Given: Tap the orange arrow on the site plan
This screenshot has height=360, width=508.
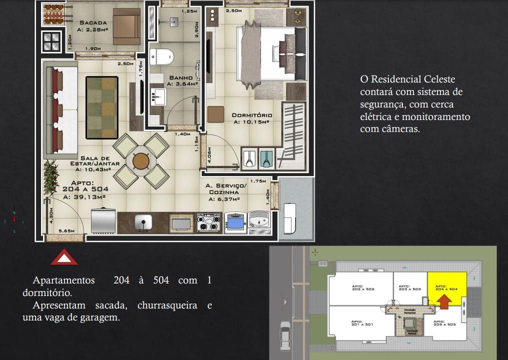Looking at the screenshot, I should (x=444, y=300).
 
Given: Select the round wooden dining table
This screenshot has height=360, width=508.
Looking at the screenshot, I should (x=141, y=161).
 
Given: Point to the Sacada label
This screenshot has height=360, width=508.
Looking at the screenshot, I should (x=93, y=22).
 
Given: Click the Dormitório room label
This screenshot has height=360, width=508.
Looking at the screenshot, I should (x=251, y=115).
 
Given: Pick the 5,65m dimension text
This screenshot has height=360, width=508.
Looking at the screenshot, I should (x=66, y=231).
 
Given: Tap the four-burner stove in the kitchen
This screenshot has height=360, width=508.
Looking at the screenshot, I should (x=208, y=222).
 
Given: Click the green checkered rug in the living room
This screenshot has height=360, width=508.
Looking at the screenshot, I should (x=102, y=107).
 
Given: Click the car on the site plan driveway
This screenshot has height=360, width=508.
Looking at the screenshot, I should (x=285, y=335).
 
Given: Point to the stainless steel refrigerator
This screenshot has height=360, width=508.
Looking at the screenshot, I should (x=103, y=220).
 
